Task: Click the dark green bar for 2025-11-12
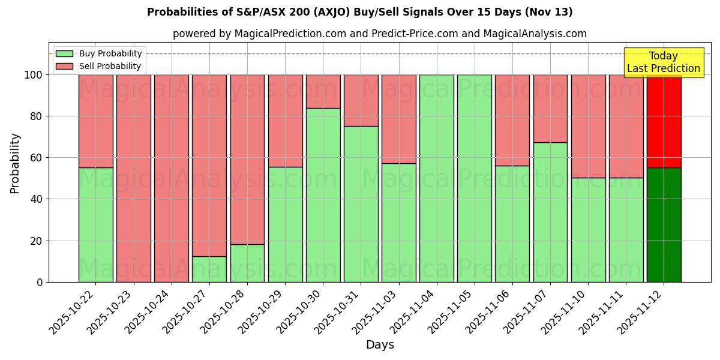click(x=664, y=224)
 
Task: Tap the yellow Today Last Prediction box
click(x=663, y=62)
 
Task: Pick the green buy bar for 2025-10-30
click(x=323, y=195)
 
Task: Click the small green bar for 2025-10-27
click(x=209, y=269)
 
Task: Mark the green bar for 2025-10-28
click(x=247, y=263)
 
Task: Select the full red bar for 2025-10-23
click(x=134, y=178)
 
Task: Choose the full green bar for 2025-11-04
click(x=437, y=178)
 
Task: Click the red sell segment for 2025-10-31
click(x=361, y=100)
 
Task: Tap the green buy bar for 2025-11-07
click(x=550, y=212)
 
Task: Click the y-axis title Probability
click(x=15, y=163)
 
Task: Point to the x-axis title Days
click(x=380, y=345)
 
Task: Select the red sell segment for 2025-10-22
click(x=96, y=121)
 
